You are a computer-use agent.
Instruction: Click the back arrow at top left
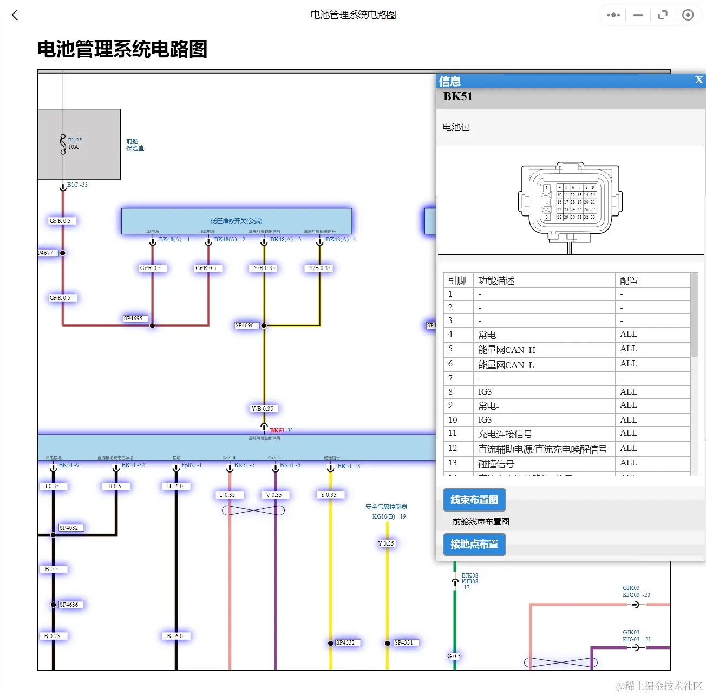15,15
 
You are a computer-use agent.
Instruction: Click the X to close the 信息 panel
698,80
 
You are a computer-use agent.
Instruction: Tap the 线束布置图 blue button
474,500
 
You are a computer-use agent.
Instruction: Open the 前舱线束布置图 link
481,522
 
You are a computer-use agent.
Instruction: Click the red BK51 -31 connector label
281,430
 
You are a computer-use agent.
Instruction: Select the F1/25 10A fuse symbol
63,144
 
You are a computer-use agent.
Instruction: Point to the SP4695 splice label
133,318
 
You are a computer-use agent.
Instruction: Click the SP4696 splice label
244,325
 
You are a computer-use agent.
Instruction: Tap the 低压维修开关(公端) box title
236,221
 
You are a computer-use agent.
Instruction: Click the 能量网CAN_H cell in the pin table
506,350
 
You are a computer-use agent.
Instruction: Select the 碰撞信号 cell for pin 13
496,464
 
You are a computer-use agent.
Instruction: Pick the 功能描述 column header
496,280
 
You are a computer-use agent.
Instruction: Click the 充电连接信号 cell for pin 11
505,434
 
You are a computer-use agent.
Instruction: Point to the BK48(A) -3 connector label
285,239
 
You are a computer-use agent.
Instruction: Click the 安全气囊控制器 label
386,507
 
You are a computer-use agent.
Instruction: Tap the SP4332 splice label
345,642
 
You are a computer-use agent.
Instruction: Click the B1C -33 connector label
77,185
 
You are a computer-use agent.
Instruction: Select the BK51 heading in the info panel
457,96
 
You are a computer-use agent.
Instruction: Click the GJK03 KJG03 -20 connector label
636,592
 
